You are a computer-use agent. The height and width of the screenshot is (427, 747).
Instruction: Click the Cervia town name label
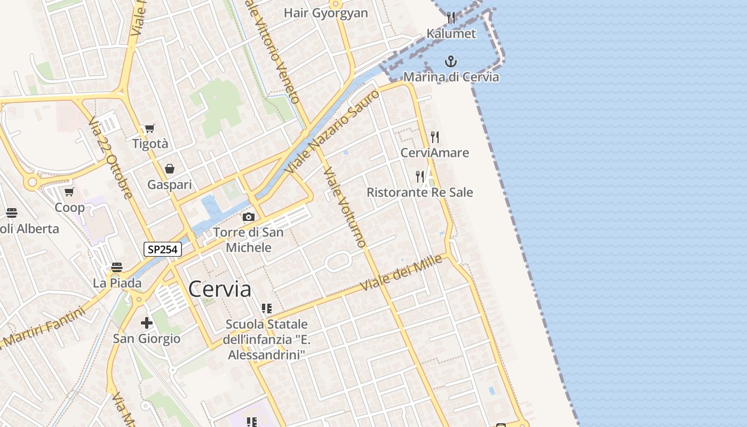tap(219, 289)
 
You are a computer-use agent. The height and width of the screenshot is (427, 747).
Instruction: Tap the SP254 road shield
tap(162, 249)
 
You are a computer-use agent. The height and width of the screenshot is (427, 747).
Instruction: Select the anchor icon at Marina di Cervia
tap(451, 61)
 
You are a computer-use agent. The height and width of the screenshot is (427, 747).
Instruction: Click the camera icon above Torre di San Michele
tap(248, 217)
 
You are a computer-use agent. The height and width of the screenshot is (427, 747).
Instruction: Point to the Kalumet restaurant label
tap(451, 34)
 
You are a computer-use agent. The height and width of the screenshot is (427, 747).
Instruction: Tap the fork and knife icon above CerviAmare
tap(435, 137)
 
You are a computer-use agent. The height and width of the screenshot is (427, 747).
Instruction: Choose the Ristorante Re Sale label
tap(419, 192)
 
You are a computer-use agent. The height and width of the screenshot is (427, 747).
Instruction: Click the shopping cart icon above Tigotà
tap(149, 128)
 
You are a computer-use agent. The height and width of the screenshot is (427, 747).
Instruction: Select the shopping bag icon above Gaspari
tap(169, 169)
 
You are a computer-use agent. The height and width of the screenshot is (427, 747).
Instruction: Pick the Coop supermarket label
tap(70, 208)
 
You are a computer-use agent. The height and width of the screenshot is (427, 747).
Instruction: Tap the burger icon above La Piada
tap(117, 267)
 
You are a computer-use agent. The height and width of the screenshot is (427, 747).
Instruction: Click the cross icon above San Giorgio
tap(146, 323)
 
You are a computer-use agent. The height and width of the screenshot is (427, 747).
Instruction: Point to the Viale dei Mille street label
tap(402, 273)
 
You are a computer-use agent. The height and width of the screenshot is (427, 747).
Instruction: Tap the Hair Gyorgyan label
tap(325, 13)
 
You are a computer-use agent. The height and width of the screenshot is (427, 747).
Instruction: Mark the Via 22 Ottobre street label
tap(110, 158)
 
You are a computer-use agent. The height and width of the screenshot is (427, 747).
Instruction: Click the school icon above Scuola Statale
tap(266, 309)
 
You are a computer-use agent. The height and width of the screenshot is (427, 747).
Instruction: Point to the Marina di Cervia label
tap(451, 77)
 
